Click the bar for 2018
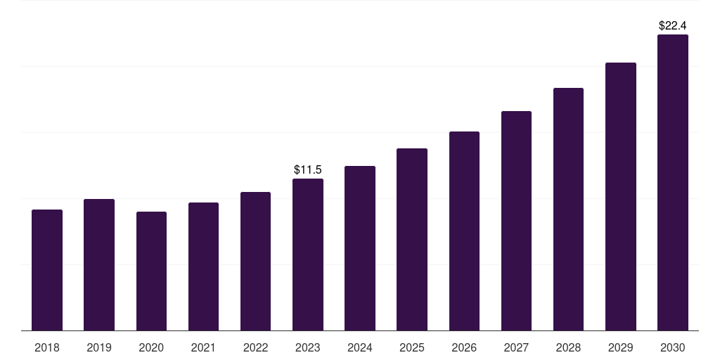pyautogui.click(x=47, y=270)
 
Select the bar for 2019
pyautogui.click(x=99, y=264)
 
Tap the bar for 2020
pyautogui.click(x=151, y=271)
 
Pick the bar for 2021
pyautogui.click(x=203, y=266)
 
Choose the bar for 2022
pyautogui.click(x=255, y=261)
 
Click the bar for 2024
pyautogui.click(x=360, y=248)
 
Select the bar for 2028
pyautogui.click(x=568, y=209)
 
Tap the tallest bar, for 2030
pyautogui.click(x=672, y=182)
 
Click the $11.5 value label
pyautogui.click(x=308, y=169)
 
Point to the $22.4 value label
pyautogui.click(x=672, y=25)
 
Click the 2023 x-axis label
pyautogui.click(x=308, y=347)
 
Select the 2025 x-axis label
pyautogui.click(x=412, y=347)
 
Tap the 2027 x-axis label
pyautogui.click(x=516, y=347)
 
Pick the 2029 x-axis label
pyautogui.click(x=620, y=347)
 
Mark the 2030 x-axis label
pyautogui.click(x=672, y=347)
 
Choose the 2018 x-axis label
pyautogui.click(x=47, y=347)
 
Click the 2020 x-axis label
pyautogui.click(x=151, y=347)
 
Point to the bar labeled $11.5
pyautogui.click(x=308, y=255)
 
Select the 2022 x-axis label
pyautogui.click(x=255, y=347)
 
